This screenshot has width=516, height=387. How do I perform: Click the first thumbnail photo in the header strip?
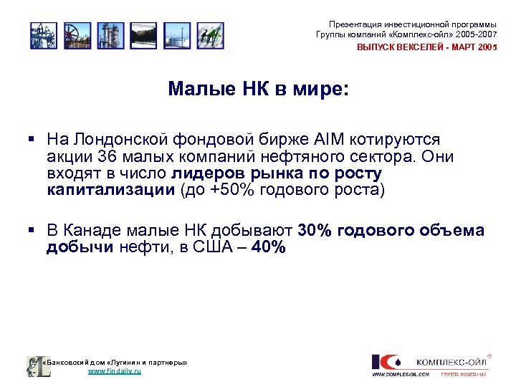tap(44, 35)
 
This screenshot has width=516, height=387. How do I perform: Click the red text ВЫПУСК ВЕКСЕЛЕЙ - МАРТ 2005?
tap(427, 47)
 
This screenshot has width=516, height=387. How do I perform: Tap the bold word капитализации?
tap(111, 191)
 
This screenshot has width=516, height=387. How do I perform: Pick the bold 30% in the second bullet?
tap(316, 231)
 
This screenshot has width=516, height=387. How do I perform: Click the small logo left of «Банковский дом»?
tap(34, 366)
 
